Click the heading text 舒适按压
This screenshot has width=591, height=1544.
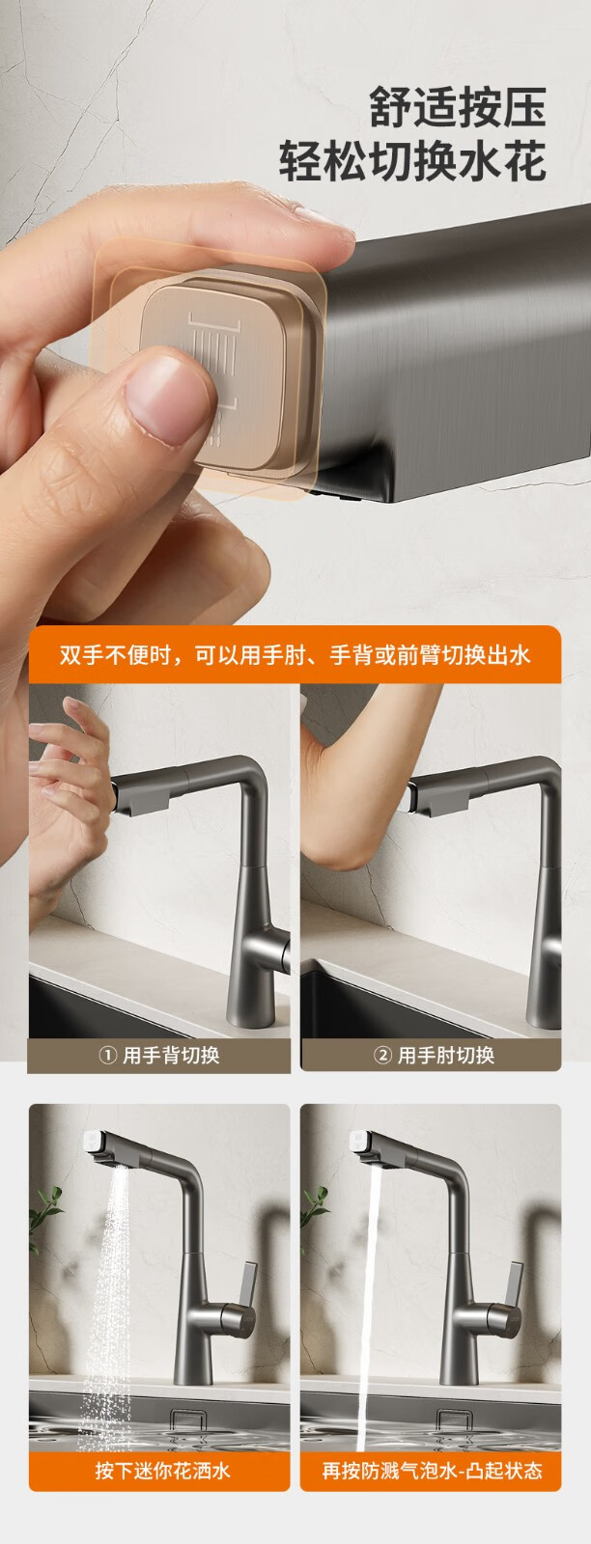click(458, 107)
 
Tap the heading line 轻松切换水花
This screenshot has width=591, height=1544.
click(413, 160)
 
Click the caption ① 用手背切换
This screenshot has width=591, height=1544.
click(159, 1056)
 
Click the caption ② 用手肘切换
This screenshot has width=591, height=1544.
click(435, 1056)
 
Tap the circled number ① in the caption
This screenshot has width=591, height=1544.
click(107, 1056)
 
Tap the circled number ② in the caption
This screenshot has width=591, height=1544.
click(382, 1056)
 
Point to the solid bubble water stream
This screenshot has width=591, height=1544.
click(369, 1303)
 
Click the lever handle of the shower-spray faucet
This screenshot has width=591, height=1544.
click(248, 1283)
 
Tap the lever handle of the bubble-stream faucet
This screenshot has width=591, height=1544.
click(515, 1283)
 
